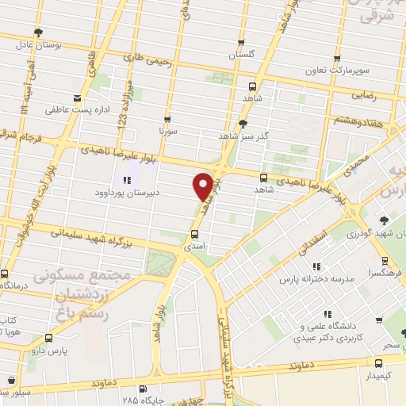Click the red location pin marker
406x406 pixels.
pos(203,186)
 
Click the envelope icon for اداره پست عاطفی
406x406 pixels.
pos(77,98)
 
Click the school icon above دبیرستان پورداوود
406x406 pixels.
pos(128,180)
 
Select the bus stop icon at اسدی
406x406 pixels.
pos(194,234)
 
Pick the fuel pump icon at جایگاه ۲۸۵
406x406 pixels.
pos(142,389)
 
